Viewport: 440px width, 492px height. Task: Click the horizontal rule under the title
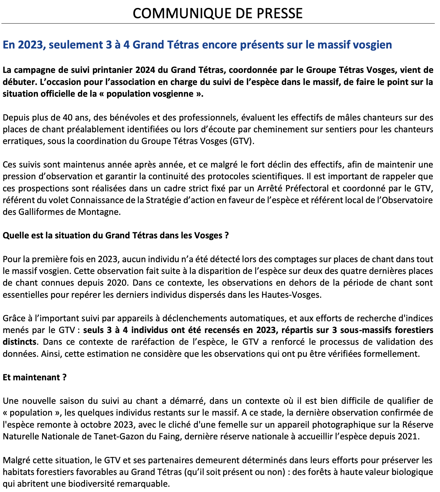218,23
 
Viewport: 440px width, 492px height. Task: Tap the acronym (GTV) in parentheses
241,141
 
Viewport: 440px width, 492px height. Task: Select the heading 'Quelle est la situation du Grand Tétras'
116,236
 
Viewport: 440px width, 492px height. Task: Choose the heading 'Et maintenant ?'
35,377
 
